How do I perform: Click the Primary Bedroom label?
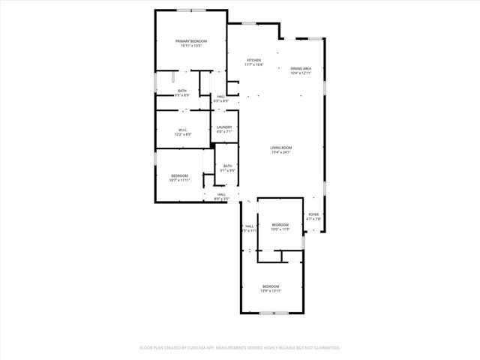coord(191,40)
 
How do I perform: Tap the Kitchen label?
coord(255,59)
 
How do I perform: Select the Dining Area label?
coord(301,68)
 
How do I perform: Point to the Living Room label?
coord(281,148)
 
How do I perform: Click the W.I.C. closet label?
coord(182,130)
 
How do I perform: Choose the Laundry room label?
coord(224,127)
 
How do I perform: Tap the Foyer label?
coord(314,214)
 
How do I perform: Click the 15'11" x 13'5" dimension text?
coord(191,46)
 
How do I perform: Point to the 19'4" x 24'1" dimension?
coord(281,153)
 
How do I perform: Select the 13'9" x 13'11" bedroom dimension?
coord(271,291)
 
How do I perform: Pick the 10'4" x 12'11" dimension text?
coord(301,73)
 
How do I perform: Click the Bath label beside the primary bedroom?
coord(182,91)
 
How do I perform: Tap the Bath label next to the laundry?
coord(227,166)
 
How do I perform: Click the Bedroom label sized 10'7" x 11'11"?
coord(179,175)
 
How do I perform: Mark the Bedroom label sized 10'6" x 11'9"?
coord(280,224)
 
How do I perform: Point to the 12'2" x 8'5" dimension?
coord(182,134)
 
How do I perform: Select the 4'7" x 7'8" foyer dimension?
coord(314,219)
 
